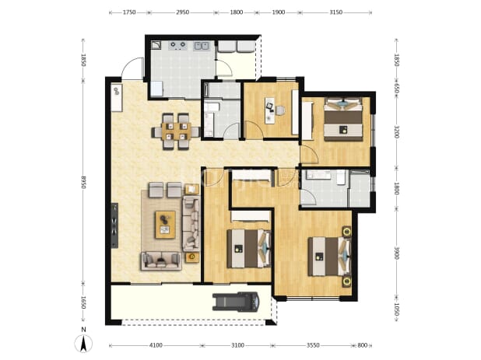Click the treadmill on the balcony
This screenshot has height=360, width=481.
(x=236, y=301)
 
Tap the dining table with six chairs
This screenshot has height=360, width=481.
(x=176, y=131)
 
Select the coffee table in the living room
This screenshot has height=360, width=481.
(x=165, y=225)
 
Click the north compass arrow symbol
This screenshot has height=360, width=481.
(x=83, y=344)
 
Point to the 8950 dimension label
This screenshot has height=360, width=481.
(x=83, y=182)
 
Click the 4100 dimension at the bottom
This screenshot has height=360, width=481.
(x=156, y=345)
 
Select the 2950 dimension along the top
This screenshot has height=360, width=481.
(x=182, y=12)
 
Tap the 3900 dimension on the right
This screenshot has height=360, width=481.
(x=396, y=253)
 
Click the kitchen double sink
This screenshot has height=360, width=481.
(x=202, y=46)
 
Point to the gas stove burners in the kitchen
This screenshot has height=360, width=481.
(x=178, y=45)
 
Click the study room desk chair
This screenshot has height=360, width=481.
(x=279, y=110)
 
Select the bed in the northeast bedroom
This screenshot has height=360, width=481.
(x=343, y=120)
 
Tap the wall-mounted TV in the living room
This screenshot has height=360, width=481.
(x=114, y=225)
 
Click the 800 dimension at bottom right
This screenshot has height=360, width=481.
(x=362, y=345)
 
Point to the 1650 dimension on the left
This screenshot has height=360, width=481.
(x=83, y=302)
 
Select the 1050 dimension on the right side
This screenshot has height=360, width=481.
(x=396, y=309)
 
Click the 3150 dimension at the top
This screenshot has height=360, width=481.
(x=335, y=12)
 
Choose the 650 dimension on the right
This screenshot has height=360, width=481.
(x=396, y=89)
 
